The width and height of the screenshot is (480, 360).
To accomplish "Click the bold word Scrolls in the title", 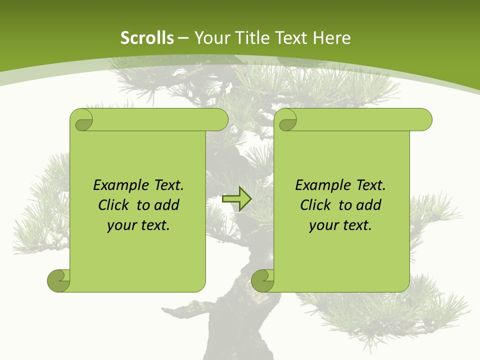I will (x=147, y=38).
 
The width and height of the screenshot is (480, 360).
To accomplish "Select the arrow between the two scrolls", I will (x=236, y=199).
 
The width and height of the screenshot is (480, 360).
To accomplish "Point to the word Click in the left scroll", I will (x=114, y=205).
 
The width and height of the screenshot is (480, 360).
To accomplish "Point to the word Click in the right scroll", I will (x=316, y=205).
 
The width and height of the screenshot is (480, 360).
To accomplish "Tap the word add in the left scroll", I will (x=167, y=205).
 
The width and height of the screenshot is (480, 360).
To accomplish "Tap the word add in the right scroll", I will (x=369, y=205).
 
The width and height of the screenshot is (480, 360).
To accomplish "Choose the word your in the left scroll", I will (x=121, y=225).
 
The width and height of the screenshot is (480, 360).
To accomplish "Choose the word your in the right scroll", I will (x=323, y=225).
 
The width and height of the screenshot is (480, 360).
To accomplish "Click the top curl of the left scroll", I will (x=82, y=120).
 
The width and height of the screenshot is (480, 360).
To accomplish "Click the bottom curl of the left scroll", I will (x=59, y=280).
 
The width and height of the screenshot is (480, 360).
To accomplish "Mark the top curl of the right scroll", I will (x=286, y=120).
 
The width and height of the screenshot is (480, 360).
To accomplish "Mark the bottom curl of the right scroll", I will (x=263, y=280).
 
